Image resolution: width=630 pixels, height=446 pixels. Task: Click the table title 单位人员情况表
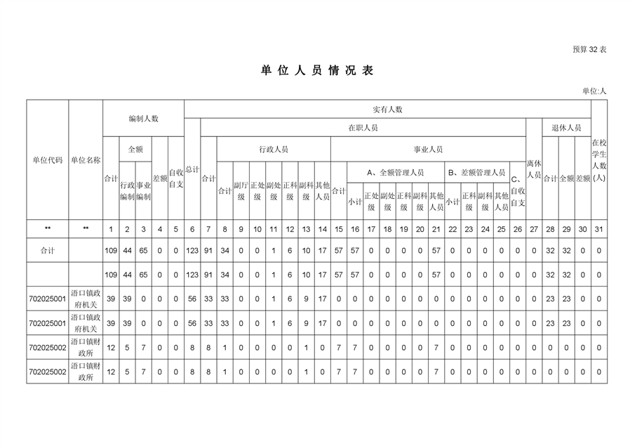317,70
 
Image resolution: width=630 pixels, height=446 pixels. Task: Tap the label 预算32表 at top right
589,49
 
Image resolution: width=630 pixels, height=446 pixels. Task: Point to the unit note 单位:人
594,91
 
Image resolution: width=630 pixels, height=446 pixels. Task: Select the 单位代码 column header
48,160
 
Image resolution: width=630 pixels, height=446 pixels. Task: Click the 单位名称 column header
86,160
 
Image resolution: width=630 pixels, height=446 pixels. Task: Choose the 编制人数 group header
143,119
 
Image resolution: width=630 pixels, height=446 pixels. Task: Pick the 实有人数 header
387,110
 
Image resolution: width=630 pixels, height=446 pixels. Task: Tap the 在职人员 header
363,128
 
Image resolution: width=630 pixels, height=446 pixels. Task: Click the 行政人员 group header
274,150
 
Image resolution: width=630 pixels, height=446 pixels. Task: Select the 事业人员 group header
428,150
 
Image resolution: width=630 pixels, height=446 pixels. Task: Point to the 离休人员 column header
534,169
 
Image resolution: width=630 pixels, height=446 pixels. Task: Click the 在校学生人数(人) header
599,160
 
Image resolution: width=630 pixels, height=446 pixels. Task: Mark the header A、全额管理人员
396,173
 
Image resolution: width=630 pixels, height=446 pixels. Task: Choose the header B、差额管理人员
477,173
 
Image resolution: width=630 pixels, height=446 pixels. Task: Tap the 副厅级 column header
241,191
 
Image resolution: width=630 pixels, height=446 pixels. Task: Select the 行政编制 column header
128,191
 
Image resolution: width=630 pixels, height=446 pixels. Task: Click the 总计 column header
192,170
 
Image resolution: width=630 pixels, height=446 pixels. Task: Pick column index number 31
599,229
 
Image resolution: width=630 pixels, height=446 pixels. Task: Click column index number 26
518,229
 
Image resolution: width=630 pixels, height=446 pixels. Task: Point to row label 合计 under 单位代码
48,251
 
